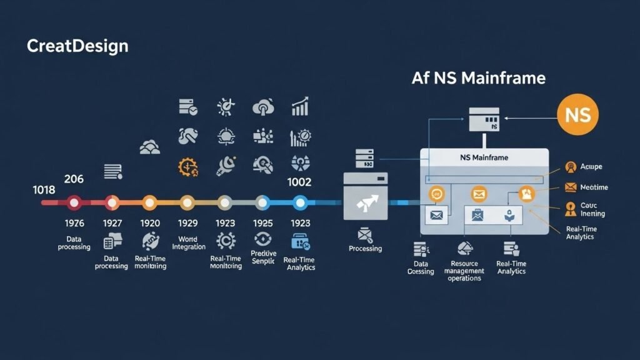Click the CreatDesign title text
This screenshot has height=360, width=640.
pos(77,46)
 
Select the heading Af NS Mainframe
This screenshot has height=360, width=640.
pos(478,78)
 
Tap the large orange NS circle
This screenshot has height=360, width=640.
pos(577,115)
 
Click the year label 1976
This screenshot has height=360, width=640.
pos(74,222)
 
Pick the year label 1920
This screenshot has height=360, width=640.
pos(149,222)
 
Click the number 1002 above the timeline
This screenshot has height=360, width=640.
pos(299,182)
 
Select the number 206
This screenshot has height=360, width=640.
pos(74,179)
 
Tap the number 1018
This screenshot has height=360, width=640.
pos(44,189)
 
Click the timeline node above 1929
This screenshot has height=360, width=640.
pos(187,202)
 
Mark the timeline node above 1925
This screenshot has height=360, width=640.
pos(262,202)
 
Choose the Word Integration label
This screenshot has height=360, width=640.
pos(188,242)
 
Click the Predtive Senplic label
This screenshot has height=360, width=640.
pos(263,257)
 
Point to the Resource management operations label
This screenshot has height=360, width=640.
pos(464,271)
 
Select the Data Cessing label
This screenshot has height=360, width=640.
pos(421,267)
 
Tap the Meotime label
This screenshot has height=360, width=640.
pos(594,187)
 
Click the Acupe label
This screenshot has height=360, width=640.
pos(591,167)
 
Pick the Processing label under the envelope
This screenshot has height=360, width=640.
pos(365,248)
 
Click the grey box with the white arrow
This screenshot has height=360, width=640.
pos(366,196)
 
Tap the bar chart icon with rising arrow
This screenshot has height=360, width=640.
pos(301,107)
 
